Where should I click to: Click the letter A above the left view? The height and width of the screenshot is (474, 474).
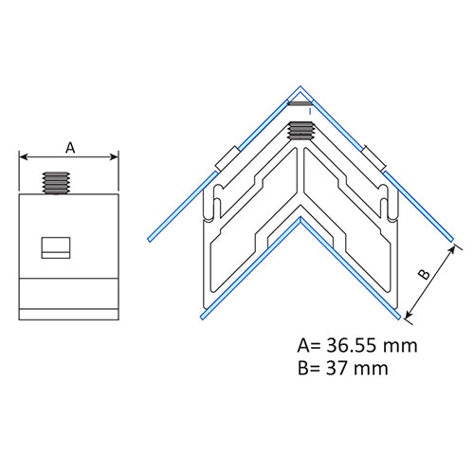(69, 146)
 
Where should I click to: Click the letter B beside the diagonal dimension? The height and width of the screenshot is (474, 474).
(425, 274)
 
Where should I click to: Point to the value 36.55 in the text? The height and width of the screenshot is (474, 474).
(356, 345)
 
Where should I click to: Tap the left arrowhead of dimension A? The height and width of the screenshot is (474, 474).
(24, 157)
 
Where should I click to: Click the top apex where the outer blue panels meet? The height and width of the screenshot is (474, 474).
(301, 82)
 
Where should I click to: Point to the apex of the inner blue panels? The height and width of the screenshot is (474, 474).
(301, 218)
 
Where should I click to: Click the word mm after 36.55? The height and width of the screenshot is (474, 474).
(402, 345)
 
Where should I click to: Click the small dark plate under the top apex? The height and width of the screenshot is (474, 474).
(301, 102)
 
